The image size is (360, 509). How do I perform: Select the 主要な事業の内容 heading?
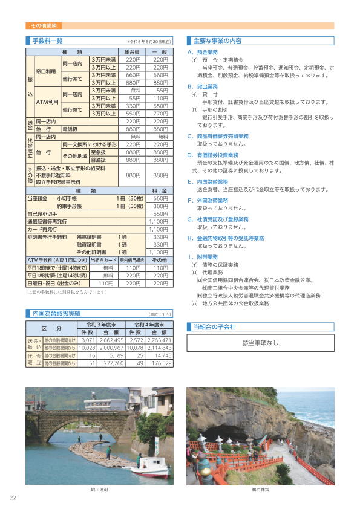click(217, 41)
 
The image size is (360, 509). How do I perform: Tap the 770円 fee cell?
click(160, 114)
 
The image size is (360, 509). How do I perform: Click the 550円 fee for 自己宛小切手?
click(160, 214)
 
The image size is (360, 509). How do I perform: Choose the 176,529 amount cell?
click(159, 364)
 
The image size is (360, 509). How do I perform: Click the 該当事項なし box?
click(260, 343)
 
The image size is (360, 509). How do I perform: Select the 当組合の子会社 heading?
click(214, 326)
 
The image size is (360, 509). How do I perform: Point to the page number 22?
click(13, 498)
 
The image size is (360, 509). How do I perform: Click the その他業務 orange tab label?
click(42, 26)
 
